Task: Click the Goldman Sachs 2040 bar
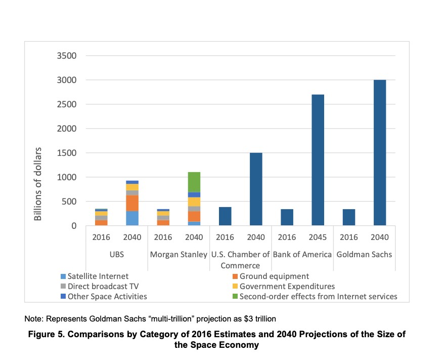pyautogui.click(x=380, y=153)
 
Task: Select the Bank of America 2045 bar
pyautogui.click(x=318, y=160)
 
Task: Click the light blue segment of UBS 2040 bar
pyautogui.click(x=132, y=218)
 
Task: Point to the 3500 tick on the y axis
pyautogui.click(x=65, y=56)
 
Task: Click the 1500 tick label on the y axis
pyautogui.click(x=65, y=153)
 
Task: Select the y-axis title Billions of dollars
pyautogui.click(x=38, y=184)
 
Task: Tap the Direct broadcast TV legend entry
pyautogui.click(x=101, y=287)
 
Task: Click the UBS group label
pyautogui.click(x=117, y=255)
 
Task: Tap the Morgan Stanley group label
pyautogui.click(x=179, y=255)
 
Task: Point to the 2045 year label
pyautogui.click(x=318, y=237)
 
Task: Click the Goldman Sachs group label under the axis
pyautogui.click(x=364, y=255)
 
